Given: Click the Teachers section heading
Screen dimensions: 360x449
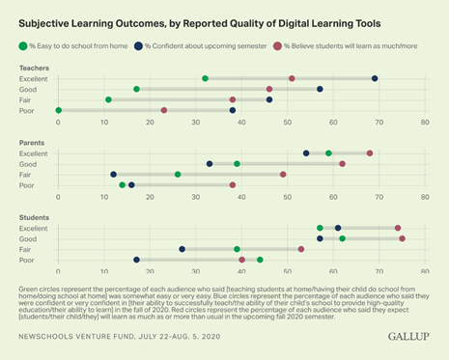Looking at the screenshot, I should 36,68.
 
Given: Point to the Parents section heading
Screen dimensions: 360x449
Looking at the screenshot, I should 34,142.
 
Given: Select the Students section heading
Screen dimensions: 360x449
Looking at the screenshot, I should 36,217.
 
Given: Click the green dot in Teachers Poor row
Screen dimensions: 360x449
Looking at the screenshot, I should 59,110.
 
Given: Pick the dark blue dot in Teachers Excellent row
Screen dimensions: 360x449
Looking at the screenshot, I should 375,78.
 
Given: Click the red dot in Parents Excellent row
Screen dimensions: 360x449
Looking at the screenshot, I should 370,152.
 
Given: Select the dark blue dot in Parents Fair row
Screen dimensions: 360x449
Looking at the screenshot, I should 114,175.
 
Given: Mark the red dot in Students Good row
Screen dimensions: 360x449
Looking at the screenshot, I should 402,238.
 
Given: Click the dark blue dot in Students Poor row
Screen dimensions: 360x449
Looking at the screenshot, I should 136,260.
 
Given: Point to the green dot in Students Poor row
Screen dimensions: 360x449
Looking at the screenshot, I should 260,260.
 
